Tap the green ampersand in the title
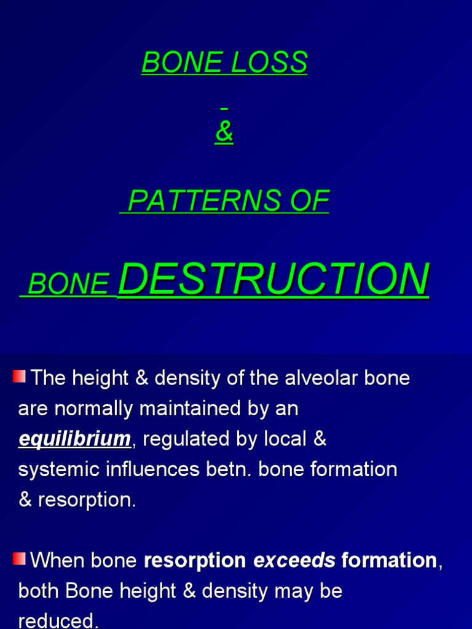[x=224, y=133]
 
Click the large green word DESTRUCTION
[x=273, y=279]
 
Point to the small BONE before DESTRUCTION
[x=69, y=284]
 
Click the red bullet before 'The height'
[x=19, y=376]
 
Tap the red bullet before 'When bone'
[x=19, y=558]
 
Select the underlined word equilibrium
[x=74, y=439]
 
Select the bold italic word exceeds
[x=294, y=560]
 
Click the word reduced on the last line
[x=58, y=620]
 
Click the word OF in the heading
[x=313, y=201]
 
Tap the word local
[x=284, y=439]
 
